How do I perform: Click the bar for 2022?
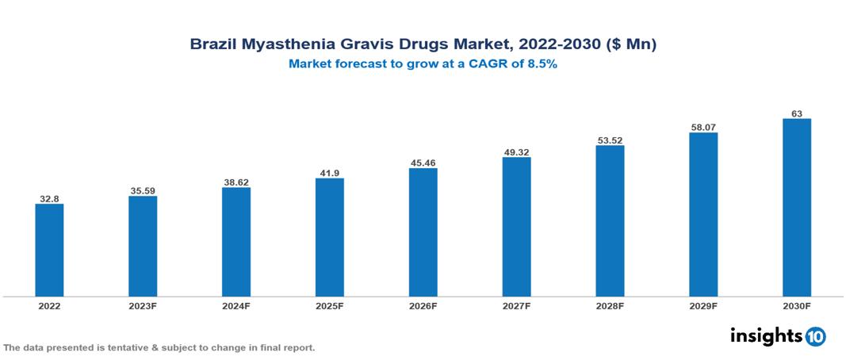tap(49, 250)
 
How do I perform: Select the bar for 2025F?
tap(330, 237)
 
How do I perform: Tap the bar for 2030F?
tap(797, 208)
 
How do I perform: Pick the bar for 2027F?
tap(516, 227)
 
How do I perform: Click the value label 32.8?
tap(49, 198)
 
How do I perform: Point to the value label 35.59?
tap(143, 190)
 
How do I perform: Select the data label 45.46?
tap(423, 163)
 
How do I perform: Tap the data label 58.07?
tap(703, 127)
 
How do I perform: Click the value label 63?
tap(797, 113)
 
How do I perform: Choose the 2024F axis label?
tap(236, 305)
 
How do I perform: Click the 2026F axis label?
tap(423, 305)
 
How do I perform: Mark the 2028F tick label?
tap(610, 305)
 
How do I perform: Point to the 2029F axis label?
tap(703, 305)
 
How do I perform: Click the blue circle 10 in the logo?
tap(815, 336)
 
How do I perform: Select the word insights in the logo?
tap(766, 335)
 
